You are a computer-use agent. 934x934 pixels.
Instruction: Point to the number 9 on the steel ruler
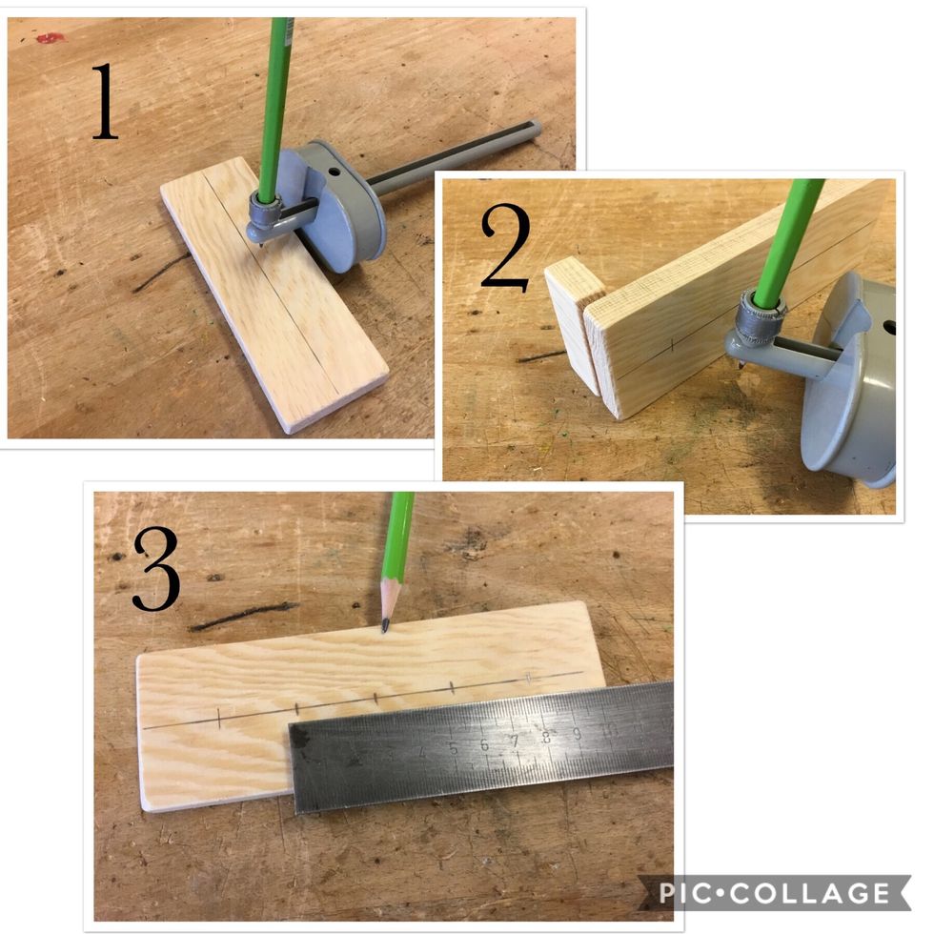[576, 732]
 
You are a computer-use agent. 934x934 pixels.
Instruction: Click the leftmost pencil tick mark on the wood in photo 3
[220, 719]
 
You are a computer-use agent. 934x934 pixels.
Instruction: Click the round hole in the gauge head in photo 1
[336, 174]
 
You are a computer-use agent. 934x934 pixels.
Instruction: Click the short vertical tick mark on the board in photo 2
[673, 344]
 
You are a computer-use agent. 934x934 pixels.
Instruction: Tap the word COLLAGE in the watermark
[820, 893]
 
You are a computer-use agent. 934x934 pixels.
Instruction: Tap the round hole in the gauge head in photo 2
[890, 327]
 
